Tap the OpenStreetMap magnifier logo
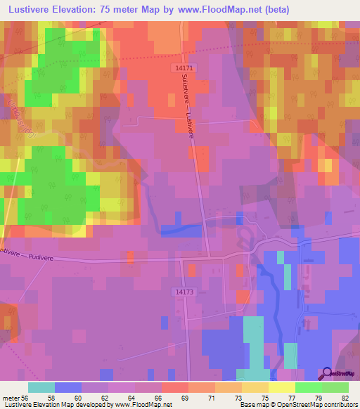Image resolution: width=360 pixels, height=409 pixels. (x=328, y=374)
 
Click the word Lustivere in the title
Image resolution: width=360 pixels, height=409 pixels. (x=30, y=9)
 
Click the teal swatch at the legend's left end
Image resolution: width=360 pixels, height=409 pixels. (x=41, y=387)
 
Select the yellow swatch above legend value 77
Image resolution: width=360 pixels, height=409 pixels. (x=281, y=387)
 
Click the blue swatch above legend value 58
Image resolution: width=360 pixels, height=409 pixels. (x=68, y=387)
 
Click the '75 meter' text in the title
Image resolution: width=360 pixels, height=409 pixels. (x=126, y=9)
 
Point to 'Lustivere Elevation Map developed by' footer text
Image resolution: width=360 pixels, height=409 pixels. (x=56, y=405)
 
